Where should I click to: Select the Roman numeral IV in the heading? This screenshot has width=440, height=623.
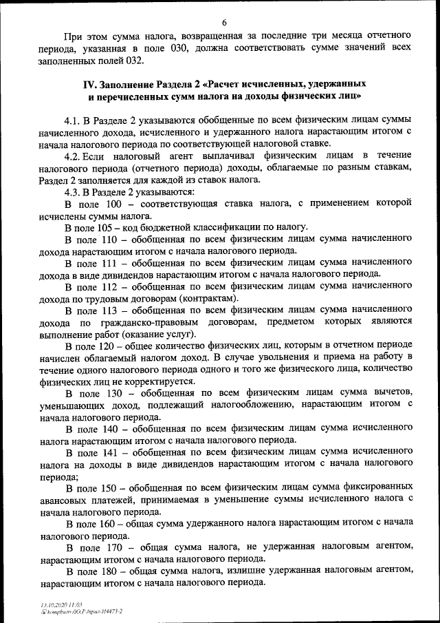[88, 84]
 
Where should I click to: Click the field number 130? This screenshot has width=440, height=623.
[118, 394]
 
